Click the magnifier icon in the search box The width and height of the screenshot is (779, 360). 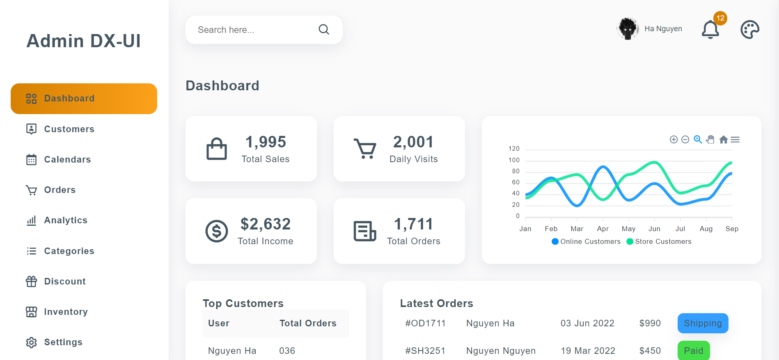(x=324, y=30)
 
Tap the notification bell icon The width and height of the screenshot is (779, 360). (x=710, y=30)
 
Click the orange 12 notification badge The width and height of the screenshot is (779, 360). (x=720, y=18)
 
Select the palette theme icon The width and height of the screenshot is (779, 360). (x=750, y=30)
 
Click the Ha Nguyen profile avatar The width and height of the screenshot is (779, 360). (x=628, y=29)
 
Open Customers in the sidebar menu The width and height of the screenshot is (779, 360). (x=69, y=129)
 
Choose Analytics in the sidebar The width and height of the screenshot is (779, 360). (x=66, y=220)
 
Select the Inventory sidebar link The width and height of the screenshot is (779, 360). (x=66, y=312)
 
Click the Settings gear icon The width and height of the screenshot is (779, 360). (x=32, y=342)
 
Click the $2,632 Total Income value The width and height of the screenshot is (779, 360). (x=266, y=224)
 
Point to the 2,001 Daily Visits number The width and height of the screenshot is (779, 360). (x=413, y=142)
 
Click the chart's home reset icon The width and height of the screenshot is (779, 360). (x=724, y=140)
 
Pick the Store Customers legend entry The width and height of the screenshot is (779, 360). (x=659, y=241)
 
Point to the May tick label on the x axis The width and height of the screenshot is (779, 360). (x=628, y=229)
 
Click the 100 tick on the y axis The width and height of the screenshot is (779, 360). (x=514, y=160)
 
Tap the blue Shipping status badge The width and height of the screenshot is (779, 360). (x=703, y=323)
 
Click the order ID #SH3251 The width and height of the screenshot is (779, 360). (x=425, y=351)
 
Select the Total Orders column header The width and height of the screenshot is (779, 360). (x=308, y=323)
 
